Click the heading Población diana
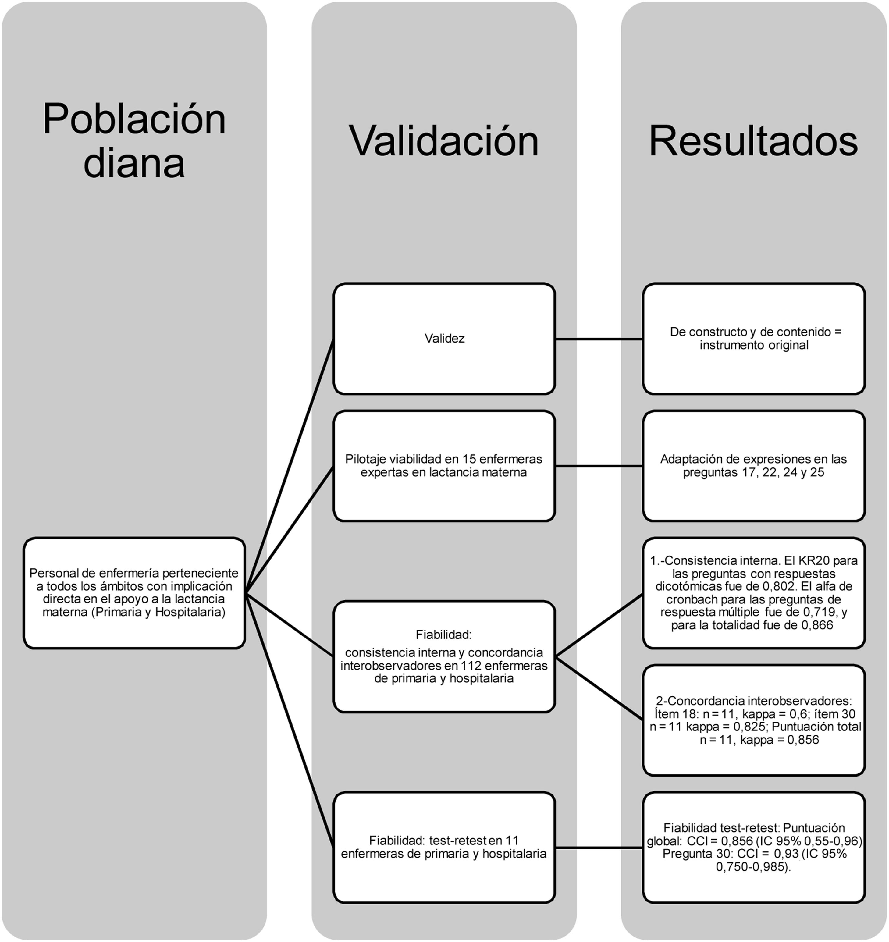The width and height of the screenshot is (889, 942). pyautogui.click(x=134, y=141)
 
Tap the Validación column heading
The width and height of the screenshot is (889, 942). pyautogui.click(x=444, y=141)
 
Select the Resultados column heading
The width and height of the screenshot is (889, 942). pyautogui.click(x=753, y=141)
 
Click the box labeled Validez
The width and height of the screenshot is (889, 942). pyautogui.click(x=444, y=338)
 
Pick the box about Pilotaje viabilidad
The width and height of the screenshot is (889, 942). pyautogui.click(x=444, y=465)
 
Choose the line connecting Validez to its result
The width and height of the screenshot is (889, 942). pyautogui.click(x=599, y=339)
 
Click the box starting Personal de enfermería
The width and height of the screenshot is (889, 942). pyautogui.click(x=134, y=592)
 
